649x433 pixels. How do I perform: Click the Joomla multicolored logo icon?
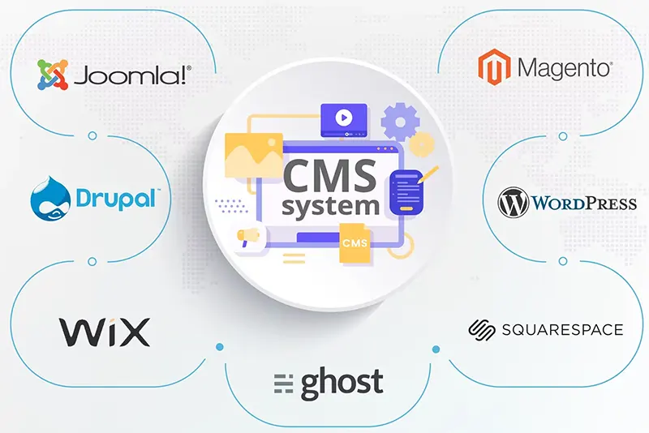click(53, 75)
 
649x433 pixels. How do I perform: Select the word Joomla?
click(132, 75)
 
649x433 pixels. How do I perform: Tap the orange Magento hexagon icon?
click(494, 67)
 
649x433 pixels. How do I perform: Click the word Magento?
click(565, 68)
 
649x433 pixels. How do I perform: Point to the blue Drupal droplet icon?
click(50, 198)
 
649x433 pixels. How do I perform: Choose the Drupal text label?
click(116, 199)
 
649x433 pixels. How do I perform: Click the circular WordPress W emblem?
click(514, 202)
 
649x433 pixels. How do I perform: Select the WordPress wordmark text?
click(584, 203)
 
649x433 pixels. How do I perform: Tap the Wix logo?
click(105, 332)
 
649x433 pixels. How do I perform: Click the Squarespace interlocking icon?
click(482, 329)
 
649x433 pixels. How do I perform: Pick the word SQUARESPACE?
click(562, 329)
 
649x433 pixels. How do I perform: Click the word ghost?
click(342, 384)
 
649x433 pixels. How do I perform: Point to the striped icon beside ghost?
click(283, 384)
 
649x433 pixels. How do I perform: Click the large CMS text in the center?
click(330, 176)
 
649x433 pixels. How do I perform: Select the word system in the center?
click(330, 206)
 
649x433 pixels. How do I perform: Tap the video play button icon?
click(343, 118)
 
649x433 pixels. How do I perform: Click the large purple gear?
click(400, 122)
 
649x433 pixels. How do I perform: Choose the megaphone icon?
click(248, 238)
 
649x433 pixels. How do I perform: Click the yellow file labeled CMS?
click(355, 242)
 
